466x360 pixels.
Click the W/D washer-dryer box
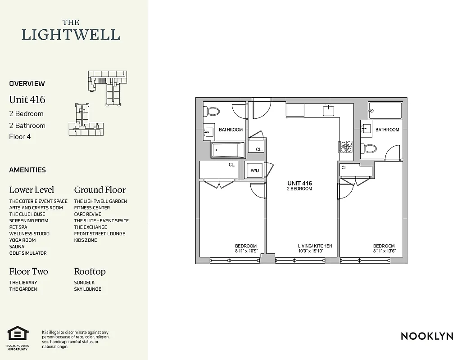coord(255,171)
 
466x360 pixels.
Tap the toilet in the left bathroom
coord(213,111)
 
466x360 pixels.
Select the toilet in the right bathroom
coord(371,148)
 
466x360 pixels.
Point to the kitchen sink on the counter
coord(328,110)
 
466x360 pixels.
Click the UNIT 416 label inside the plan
coord(299,184)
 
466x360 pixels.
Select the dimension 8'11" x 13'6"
coord(384,251)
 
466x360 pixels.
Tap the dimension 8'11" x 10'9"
coord(246,251)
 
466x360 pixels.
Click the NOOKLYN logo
coord(426,336)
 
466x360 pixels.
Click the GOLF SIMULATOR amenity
coord(28,253)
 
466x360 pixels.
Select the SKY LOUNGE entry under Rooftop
coord(88,289)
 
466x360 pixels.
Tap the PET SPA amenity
coord(18,227)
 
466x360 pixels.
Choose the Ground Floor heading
coord(100,190)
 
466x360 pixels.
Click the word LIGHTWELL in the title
coord(71,35)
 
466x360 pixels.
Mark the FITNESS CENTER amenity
coord(92,208)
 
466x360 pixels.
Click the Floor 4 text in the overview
coord(20,137)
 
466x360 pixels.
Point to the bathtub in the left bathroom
coord(228,150)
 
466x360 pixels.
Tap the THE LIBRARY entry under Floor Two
coord(23,283)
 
